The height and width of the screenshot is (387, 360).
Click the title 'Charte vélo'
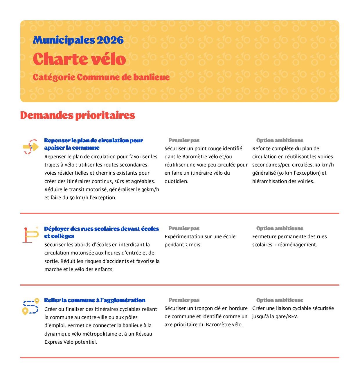pyautogui.click(x=79, y=59)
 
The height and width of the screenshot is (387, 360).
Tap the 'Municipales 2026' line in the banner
pyautogui.click(x=78, y=40)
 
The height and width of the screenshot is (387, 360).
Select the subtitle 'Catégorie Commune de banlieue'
pyautogui.click(x=101, y=77)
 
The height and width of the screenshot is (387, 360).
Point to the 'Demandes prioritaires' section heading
pyautogui.click(x=78, y=115)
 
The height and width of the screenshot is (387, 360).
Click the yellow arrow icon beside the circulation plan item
pyautogui.click(x=31, y=146)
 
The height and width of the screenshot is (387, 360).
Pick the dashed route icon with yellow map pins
pyautogui.click(x=31, y=307)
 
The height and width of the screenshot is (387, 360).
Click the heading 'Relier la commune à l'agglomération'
pyautogui.click(x=95, y=300)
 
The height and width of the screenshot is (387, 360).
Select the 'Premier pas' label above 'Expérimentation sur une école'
pyautogui.click(x=184, y=228)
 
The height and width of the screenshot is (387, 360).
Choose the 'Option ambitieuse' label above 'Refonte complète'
pyautogui.click(x=280, y=140)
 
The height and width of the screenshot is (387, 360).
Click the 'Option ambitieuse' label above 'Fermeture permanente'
pyautogui.click(x=280, y=228)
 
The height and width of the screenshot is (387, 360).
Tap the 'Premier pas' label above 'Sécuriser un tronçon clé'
pyautogui.click(x=184, y=300)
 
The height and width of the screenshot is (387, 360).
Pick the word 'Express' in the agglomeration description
pyautogui.click(x=53, y=342)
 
